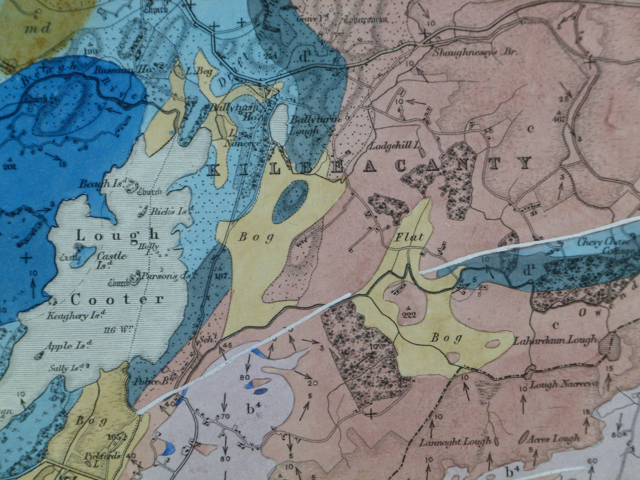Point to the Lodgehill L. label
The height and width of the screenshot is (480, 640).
tap(395, 145)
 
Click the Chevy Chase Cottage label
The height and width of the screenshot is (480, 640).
tap(608, 246)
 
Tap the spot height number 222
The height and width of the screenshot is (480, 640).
tap(410, 315)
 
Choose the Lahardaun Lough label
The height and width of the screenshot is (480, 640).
tap(555, 340)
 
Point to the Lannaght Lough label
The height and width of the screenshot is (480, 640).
tap(455, 442)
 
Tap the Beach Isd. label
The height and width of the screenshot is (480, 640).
tap(101, 185)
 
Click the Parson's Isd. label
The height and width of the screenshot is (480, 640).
tap(165, 276)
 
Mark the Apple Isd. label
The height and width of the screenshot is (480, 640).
tap(66, 346)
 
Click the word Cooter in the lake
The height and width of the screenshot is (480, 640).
tap(117, 299)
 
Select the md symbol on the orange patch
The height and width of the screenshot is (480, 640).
tap(38, 27)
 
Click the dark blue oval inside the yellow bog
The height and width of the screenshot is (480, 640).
tap(291, 201)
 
